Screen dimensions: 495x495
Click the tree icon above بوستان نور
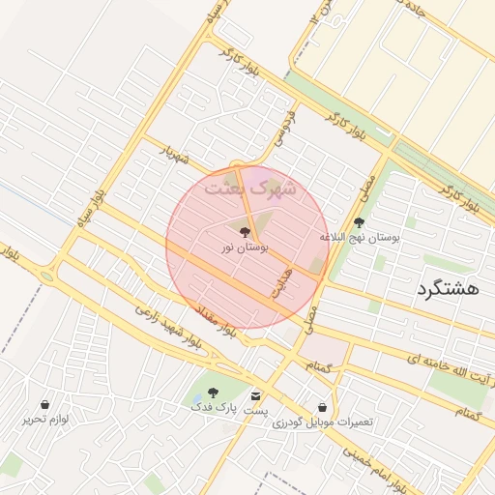(244, 232)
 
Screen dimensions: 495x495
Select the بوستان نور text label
(244, 248)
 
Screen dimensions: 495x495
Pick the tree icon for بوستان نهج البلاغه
(359, 222)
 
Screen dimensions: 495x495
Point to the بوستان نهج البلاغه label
(360, 237)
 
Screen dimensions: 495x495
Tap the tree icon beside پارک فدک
(213, 393)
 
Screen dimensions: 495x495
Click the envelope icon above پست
(255, 395)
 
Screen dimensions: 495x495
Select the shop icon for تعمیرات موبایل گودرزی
(322, 407)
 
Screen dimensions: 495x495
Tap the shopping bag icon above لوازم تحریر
(45, 404)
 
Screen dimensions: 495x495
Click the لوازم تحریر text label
(45, 420)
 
